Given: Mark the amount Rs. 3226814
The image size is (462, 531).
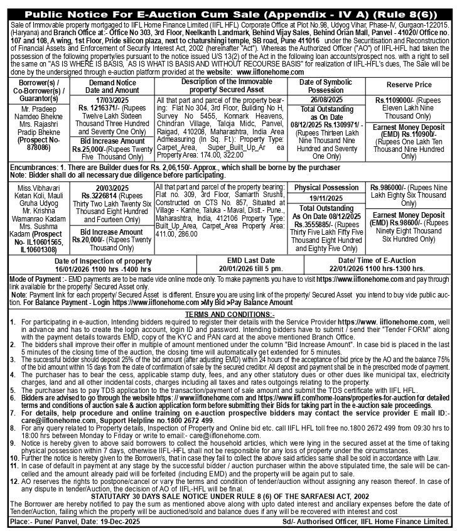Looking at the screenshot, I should (x=94, y=195).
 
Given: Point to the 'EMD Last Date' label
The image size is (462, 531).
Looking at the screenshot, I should (x=267, y=260).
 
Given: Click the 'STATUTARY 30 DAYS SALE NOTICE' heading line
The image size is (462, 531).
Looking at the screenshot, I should (x=230, y=495).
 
